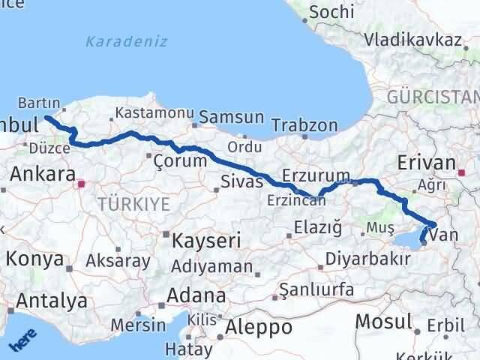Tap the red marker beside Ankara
[x=82, y=182]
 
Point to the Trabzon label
[x=304, y=125]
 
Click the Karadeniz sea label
[x=126, y=40]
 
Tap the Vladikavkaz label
[x=412, y=40]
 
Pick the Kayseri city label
[x=207, y=241]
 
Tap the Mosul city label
[x=383, y=321]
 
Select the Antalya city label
[x=52, y=301]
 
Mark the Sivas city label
[x=241, y=181]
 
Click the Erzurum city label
[x=311, y=175]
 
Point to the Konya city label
[x=35, y=259]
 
